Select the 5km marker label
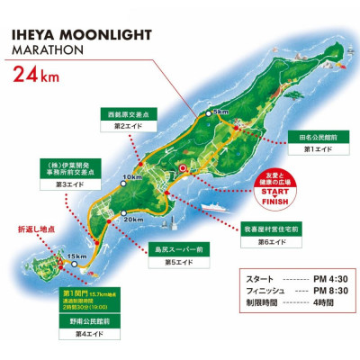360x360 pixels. (220, 112)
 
